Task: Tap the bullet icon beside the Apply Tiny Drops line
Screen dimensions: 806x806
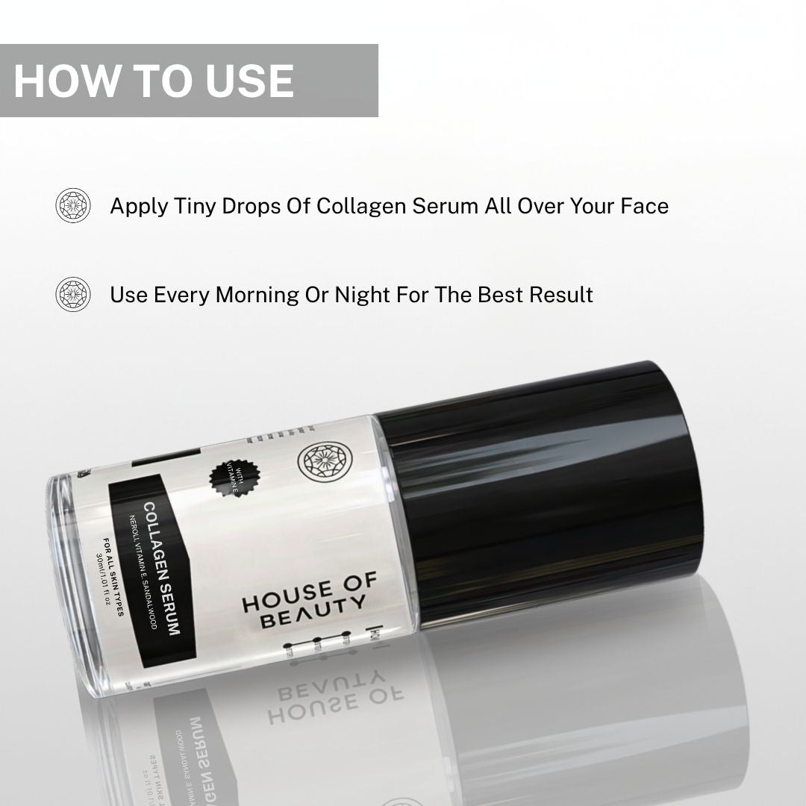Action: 73,205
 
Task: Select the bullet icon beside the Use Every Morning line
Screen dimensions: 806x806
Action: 73,294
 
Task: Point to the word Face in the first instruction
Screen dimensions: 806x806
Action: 643,205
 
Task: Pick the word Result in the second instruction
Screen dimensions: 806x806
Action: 561,294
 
